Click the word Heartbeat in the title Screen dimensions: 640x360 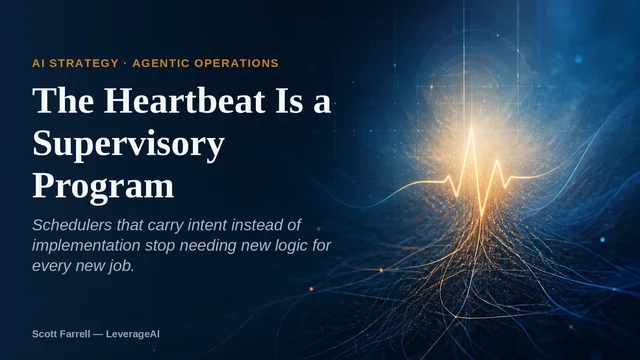(185, 100)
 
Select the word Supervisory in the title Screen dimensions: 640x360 (129, 145)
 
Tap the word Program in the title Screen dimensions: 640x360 (103, 187)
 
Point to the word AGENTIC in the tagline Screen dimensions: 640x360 (161, 63)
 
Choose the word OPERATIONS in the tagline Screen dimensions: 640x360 (236, 63)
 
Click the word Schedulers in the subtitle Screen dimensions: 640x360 (72, 225)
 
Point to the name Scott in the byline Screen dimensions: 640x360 (43, 334)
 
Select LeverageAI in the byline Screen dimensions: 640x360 (133, 334)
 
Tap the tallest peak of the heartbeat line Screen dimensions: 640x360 (472, 129)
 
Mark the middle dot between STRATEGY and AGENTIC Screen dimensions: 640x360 (125, 63)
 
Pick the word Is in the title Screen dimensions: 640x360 (289, 100)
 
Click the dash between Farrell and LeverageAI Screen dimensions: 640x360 (98, 334)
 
